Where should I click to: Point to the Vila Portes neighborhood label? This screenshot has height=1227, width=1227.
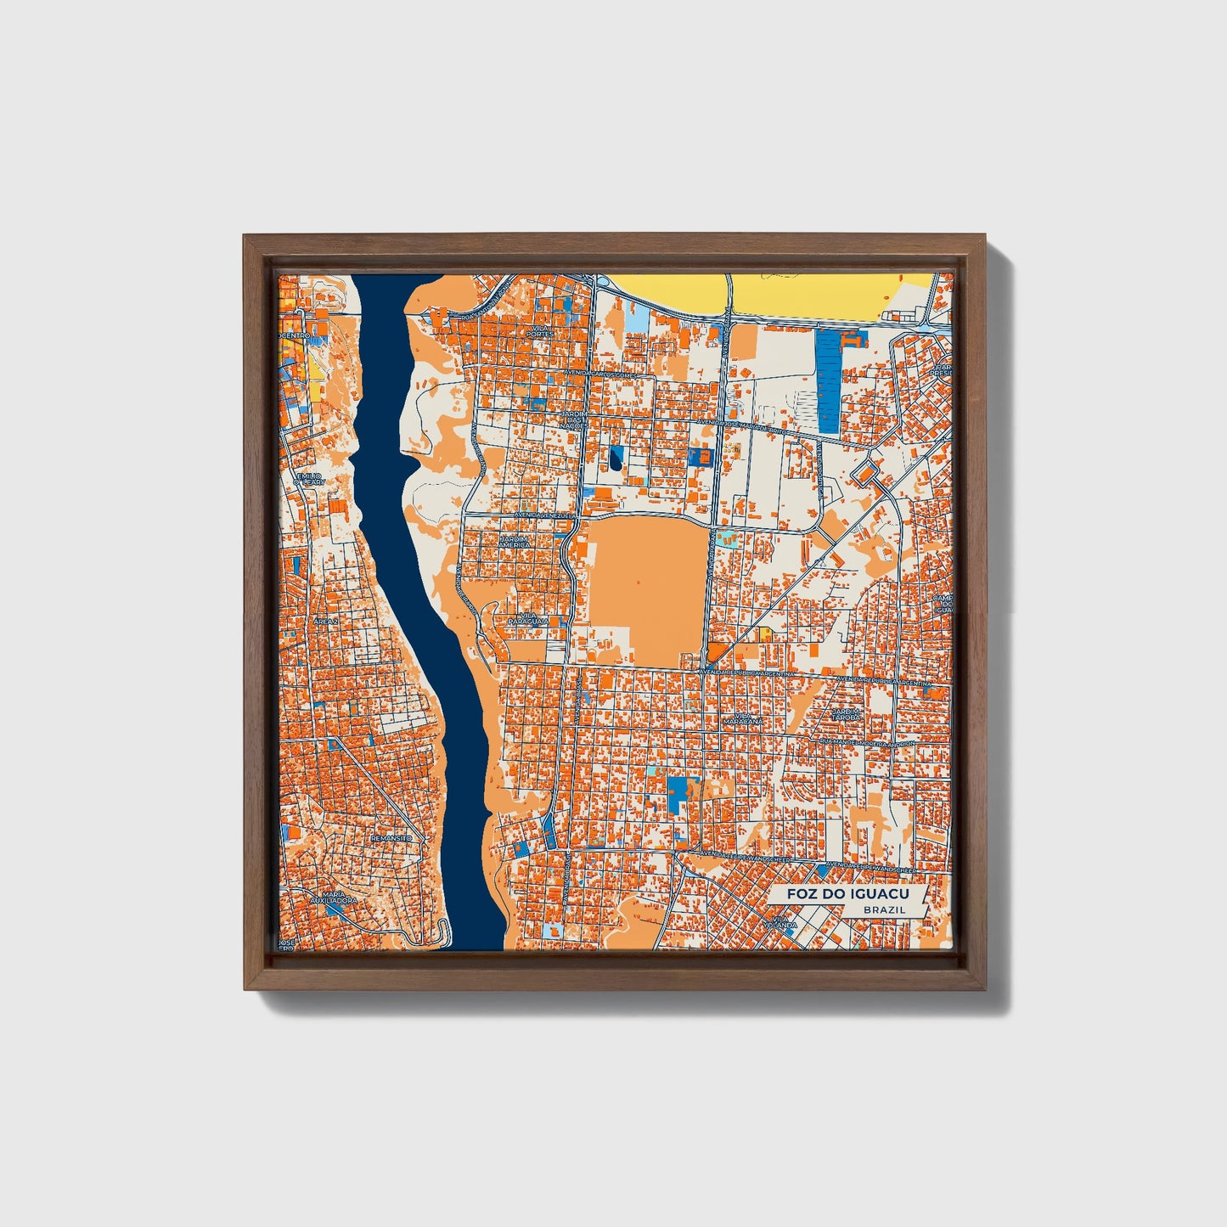pyautogui.click(x=539, y=330)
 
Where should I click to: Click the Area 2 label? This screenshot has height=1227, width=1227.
pyautogui.click(x=325, y=622)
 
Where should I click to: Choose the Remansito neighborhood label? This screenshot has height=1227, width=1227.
pyautogui.click(x=391, y=838)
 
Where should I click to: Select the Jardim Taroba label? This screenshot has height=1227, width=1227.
pyautogui.click(x=846, y=714)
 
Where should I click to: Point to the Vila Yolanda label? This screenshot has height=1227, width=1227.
pyautogui.click(x=784, y=920)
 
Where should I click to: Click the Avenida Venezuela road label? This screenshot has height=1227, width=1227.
pyautogui.click(x=545, y=515)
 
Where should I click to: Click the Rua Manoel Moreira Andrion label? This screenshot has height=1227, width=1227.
pyautogui.click(x=866, y=742)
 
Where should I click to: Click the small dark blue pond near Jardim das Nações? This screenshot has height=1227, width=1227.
pyautogui.click(x=614, y=459)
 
